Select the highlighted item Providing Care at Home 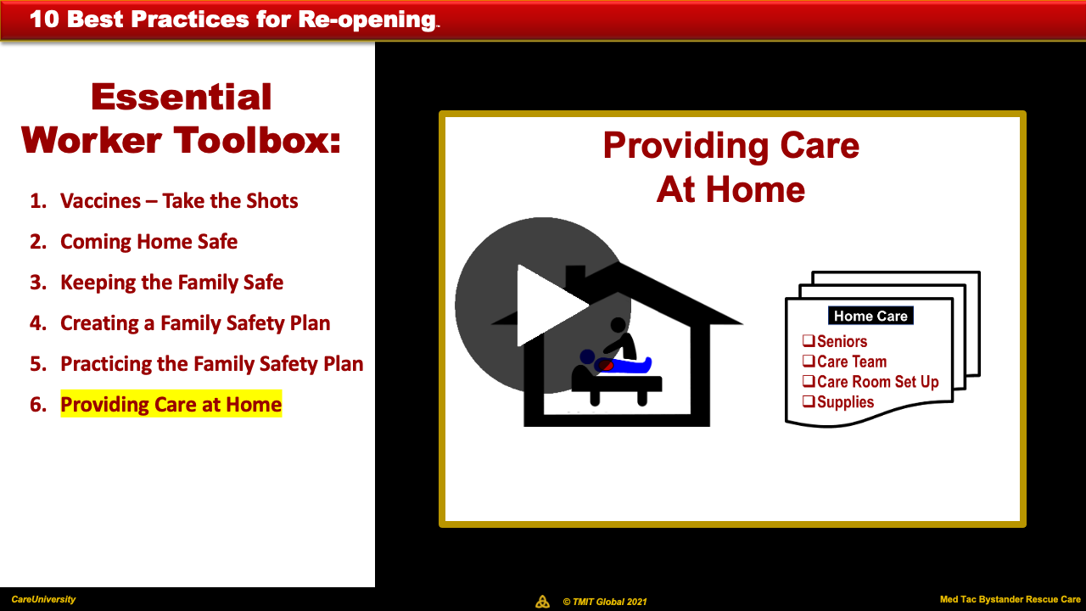(171, 404)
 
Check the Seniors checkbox (809, 340)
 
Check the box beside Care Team (809, 361)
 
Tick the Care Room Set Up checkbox (809, 381)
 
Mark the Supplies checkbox (809, 401)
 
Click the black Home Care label (870, 316)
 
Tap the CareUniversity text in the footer (43, 599)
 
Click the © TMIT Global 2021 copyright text (605, 602)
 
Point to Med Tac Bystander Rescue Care (1010, 599)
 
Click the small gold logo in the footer (542, 602)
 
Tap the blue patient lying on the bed (624, 365)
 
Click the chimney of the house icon (575, 277)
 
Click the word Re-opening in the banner (367, 20)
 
